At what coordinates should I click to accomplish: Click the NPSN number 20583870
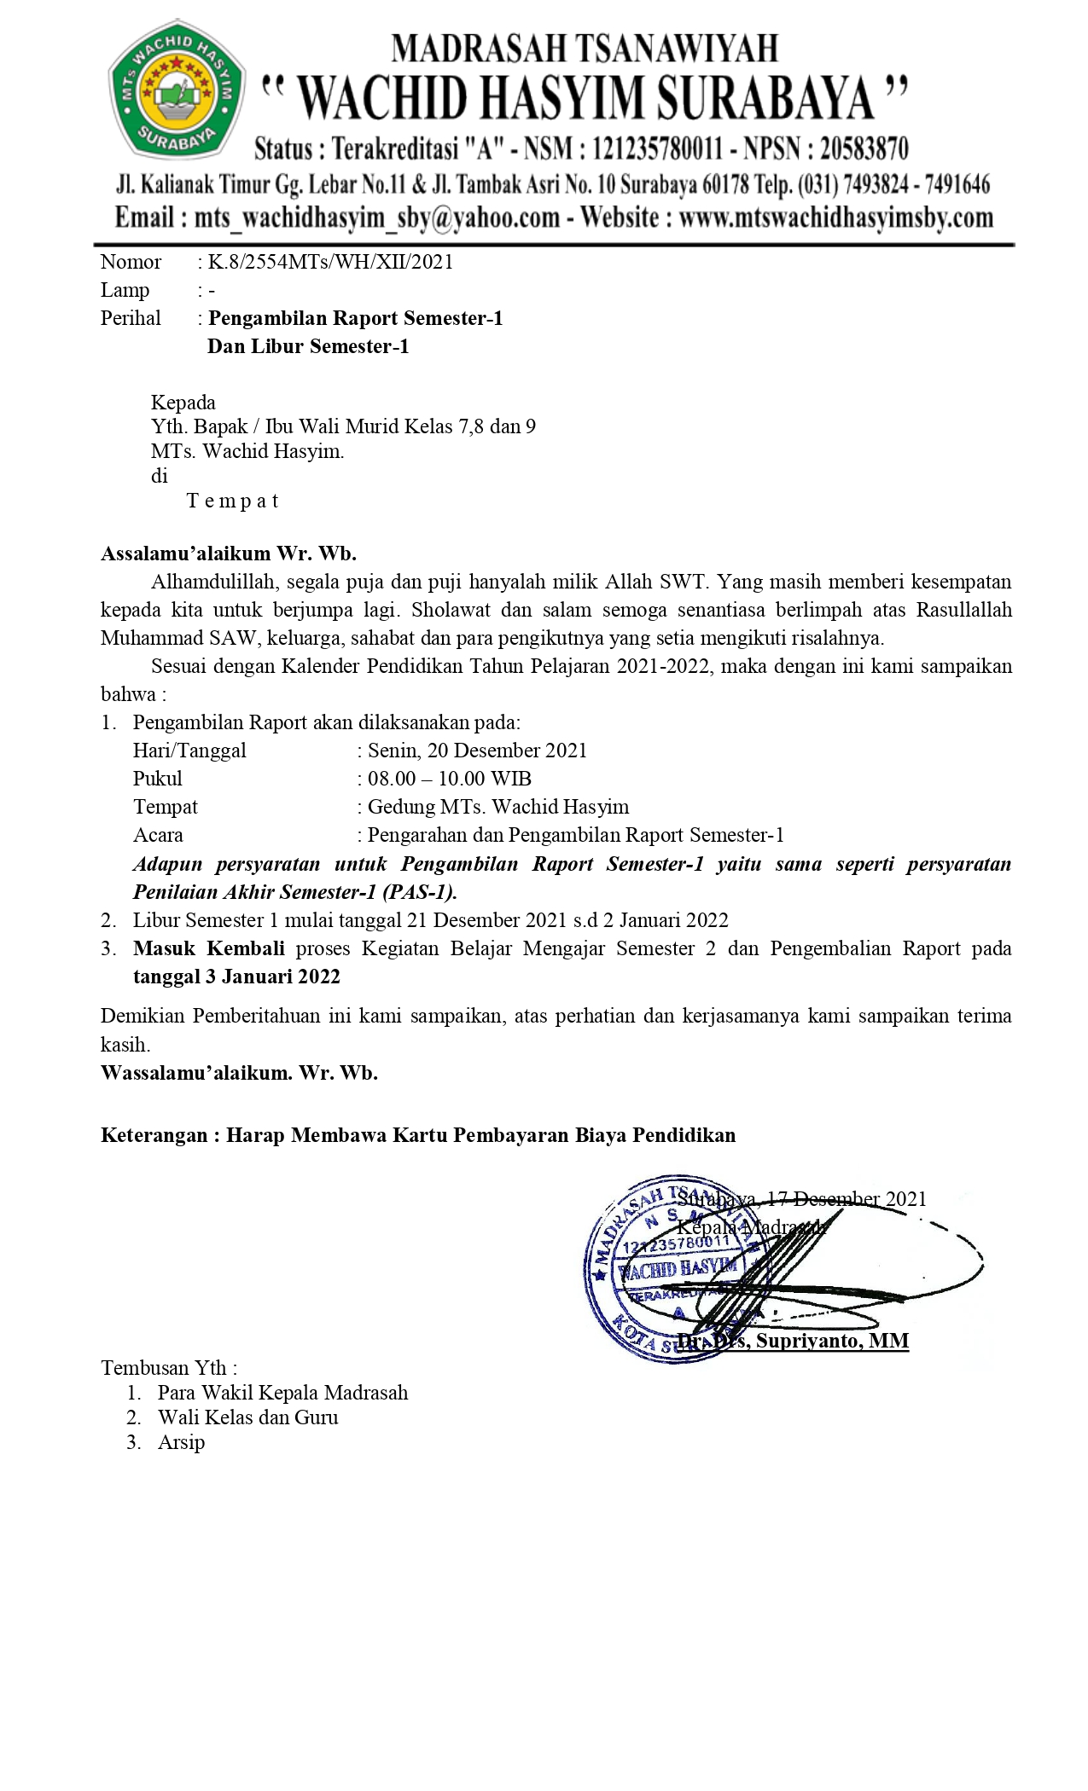tap(864, 149)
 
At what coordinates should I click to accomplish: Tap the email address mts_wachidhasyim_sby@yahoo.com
tap(377, 217)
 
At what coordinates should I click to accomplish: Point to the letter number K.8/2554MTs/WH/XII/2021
tap(330, 262)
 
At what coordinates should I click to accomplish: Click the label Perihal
tap(131, 318)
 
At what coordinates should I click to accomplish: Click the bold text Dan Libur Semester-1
tap(308, 346)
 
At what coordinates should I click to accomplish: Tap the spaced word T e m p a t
tap(232, 501)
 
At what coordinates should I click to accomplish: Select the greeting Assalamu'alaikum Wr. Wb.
tap(229, 554)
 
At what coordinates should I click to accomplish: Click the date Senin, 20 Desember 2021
tap(477, 751)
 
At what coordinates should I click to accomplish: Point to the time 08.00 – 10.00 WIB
tap(449, 779)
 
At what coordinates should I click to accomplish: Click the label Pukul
tap(158, 779)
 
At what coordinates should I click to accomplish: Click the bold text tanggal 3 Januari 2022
tap(236, 977)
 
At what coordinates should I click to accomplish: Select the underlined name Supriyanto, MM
tap(832, 1341)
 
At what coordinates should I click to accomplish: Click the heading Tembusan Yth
tap(168, 1368)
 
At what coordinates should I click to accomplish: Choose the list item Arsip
tap(181, 1442)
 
